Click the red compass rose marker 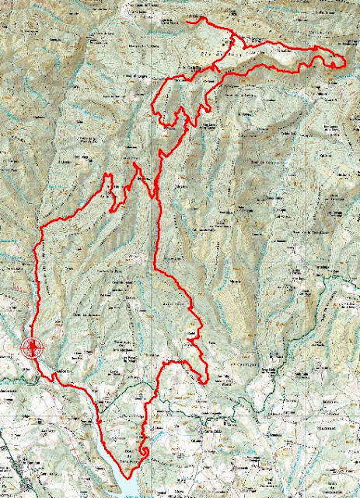pyautogui.click(x=32, y=348)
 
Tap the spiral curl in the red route pyautogui.click(x=144, y=451)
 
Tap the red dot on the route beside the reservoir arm pyautogui.click(x=102, y=420)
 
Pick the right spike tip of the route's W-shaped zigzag pyautogui.click(x=136, y=165)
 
